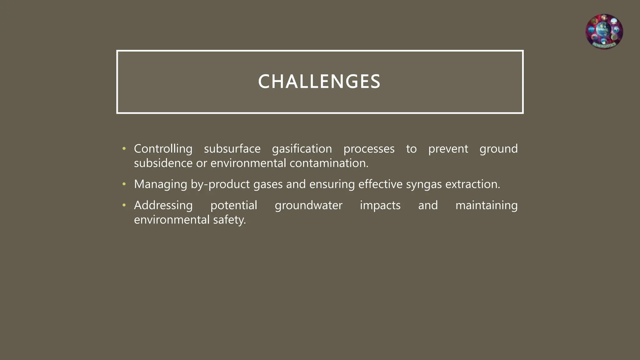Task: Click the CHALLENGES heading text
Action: (319, 82)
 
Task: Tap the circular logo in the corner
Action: (604, 32)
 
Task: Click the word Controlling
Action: (163, 149)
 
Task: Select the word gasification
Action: (302, 149)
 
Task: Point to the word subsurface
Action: (232, 149)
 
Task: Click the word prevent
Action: (448, 149)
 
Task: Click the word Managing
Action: (160, 184)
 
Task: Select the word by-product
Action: (220, 184)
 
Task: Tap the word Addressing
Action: (163, 205)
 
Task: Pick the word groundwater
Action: (308, 205)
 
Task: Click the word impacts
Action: (380, 205)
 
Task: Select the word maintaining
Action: (486, 205)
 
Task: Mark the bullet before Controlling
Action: (124, 149)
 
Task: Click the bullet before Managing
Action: (124, 184)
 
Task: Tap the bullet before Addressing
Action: (124, 205)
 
